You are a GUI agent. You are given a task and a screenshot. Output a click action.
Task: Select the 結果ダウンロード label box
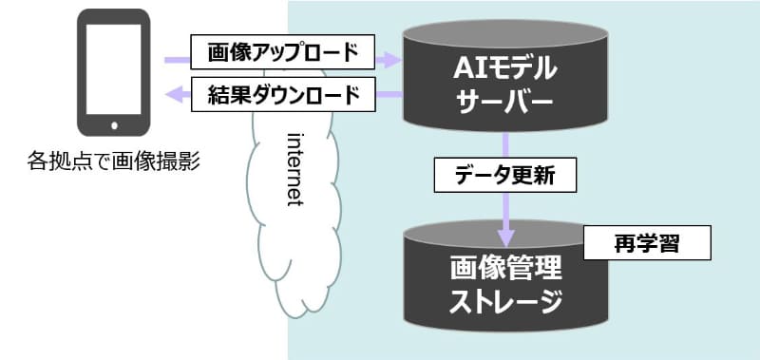(x=282, y=95)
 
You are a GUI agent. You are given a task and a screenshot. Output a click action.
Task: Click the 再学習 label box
(x=646, y=243)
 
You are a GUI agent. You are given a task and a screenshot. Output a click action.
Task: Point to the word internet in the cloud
(x=294, y=165)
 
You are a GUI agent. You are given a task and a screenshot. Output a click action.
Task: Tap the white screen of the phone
(x=113, y=66)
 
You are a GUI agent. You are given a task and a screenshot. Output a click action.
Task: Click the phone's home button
(x=113, y=123)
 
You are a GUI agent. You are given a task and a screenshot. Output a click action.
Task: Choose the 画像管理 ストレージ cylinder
(x=505, y=285)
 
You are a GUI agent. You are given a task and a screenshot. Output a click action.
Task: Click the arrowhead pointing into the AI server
(x=390, y=60)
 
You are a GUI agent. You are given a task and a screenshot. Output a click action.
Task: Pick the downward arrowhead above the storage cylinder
(x=506, y=232)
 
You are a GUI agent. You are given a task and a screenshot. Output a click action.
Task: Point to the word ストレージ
(x=506, y=302)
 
